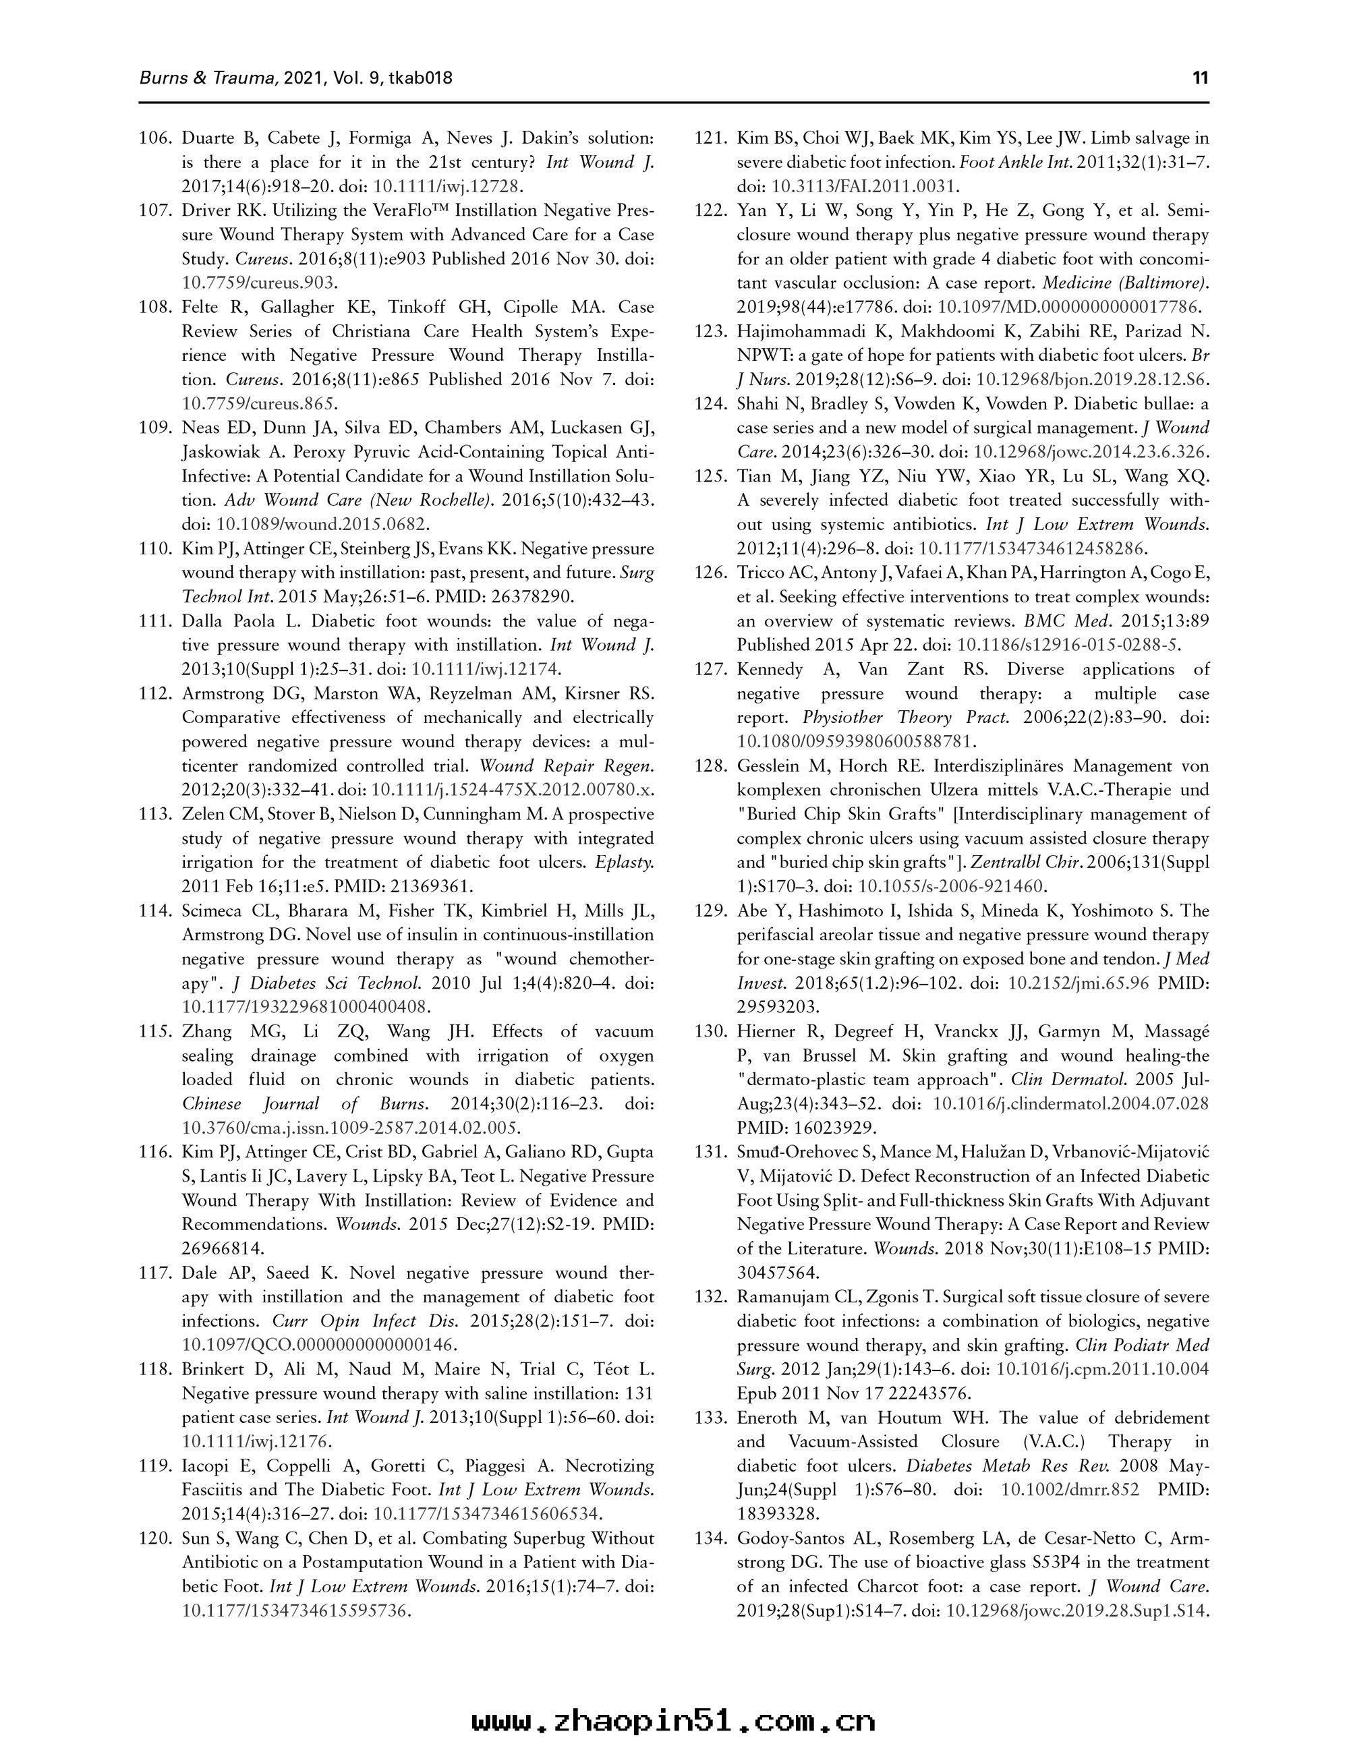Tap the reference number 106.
(156, 138)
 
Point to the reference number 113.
(156, 815)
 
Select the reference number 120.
(156, 1538)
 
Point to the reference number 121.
(711, 138)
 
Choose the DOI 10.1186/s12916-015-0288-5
(1069, 645)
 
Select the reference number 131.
(711, 1152)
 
